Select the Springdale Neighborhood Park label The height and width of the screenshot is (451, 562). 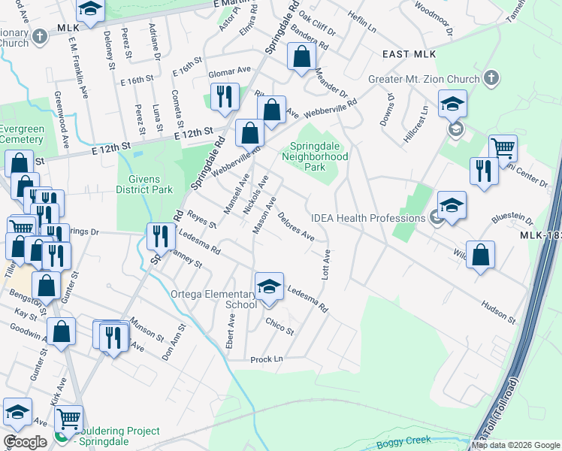315,152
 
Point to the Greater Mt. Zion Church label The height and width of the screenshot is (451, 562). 424,80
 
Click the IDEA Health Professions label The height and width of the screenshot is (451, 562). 370,218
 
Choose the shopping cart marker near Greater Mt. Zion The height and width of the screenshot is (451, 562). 503,148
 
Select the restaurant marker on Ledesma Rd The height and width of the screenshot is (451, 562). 160,238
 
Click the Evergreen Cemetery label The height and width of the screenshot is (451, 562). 21,134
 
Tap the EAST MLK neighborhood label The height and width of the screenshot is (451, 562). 409,54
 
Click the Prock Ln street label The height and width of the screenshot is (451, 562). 267,359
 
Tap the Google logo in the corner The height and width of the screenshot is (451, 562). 25,442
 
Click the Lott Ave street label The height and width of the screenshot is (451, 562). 326,265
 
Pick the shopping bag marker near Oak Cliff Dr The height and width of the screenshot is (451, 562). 301,57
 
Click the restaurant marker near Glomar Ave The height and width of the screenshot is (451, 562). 222,97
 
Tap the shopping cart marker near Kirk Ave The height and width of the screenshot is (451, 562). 68,419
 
